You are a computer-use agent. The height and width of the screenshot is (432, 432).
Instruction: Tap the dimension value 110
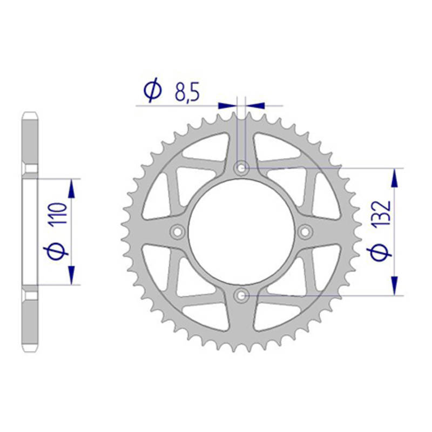(x=58, y=213)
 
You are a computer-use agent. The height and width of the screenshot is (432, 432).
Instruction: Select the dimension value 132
(x=381, y=213)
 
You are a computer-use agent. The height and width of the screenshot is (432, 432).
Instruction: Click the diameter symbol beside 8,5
(x=152, y=89)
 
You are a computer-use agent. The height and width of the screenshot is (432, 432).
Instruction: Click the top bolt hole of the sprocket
(x=241, y=168)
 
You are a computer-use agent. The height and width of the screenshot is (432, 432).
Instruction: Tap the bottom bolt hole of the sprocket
(x=241, y=295)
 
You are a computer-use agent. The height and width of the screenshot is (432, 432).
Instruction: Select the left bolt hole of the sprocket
(x=178, y=232)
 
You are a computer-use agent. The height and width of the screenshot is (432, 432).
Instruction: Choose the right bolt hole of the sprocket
(x=305, y=232)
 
